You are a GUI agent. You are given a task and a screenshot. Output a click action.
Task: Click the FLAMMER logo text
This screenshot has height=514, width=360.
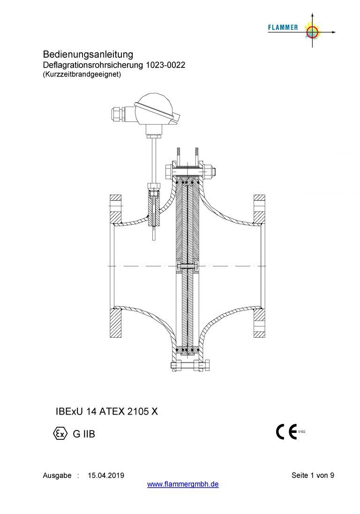283,28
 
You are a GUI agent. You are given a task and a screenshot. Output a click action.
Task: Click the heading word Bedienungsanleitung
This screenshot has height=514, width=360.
88,54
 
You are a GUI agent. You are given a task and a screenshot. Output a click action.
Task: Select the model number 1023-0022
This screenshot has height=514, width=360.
165,65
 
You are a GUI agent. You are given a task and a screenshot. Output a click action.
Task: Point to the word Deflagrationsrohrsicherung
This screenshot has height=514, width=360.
93,65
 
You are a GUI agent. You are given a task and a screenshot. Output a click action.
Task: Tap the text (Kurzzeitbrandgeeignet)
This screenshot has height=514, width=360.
82,74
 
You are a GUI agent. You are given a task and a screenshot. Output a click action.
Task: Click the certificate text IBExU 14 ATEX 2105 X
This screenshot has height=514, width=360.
107,411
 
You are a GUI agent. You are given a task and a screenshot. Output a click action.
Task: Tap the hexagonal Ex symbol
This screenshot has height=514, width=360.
60,434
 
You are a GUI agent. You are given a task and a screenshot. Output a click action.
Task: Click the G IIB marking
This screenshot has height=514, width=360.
84,434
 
